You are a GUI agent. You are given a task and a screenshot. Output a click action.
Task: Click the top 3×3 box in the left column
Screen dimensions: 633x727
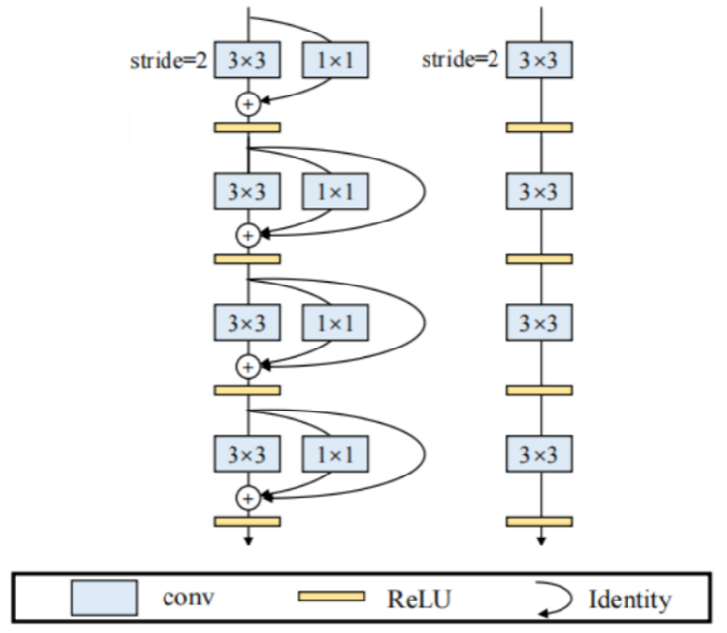tap(247, 61)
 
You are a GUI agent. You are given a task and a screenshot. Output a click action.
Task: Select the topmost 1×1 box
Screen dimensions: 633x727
tap(335, 61)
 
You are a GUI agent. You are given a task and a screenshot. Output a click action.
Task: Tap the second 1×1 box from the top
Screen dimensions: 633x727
tap(335, 188)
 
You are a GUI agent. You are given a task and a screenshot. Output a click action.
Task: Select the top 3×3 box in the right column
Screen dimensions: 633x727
tap(540, 61)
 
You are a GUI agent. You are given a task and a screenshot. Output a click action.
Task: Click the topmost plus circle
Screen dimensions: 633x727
tap(248, 102)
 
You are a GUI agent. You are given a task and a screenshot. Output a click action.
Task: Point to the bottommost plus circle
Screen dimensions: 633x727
tap(248, 498)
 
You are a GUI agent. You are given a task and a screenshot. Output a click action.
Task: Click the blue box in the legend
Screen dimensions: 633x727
tap(103, 599)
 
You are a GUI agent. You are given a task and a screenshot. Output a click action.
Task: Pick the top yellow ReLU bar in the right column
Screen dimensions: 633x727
tap(540, 127)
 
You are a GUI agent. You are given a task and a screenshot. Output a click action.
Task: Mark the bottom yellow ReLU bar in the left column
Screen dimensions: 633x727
tap(247, 521)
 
